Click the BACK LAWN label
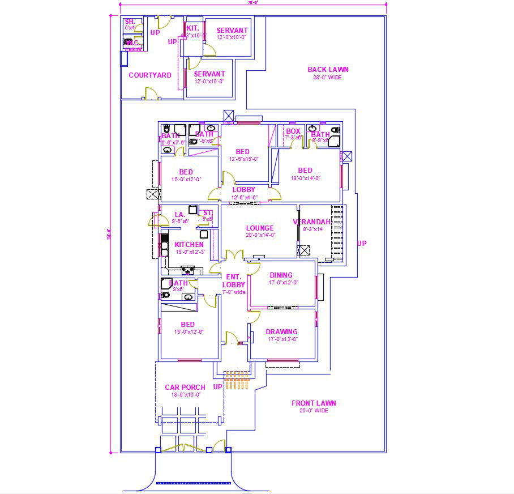[x=328, y=70]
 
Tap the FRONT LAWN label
[x=314, y=403]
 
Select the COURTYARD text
[x=150, y=75]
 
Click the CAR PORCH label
[x=185, y=387]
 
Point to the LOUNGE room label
[x=260, y=228]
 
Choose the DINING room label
[x=281, y=275]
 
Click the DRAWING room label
[x=281, y=332]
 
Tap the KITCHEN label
[x=189, y=245]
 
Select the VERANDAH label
[x=312, y=222]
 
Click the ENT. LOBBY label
[x=234, y=281]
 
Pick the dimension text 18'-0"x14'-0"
[x=305, y=178]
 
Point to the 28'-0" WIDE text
[x=328, y=78]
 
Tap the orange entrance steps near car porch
[x=237, y=380]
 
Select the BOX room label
[x=293, y=131]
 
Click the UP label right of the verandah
[x=362, y=244]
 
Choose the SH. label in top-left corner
[x=130, y=21]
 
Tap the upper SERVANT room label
[x=232, y=31]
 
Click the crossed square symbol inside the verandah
[x=305, y=250]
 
